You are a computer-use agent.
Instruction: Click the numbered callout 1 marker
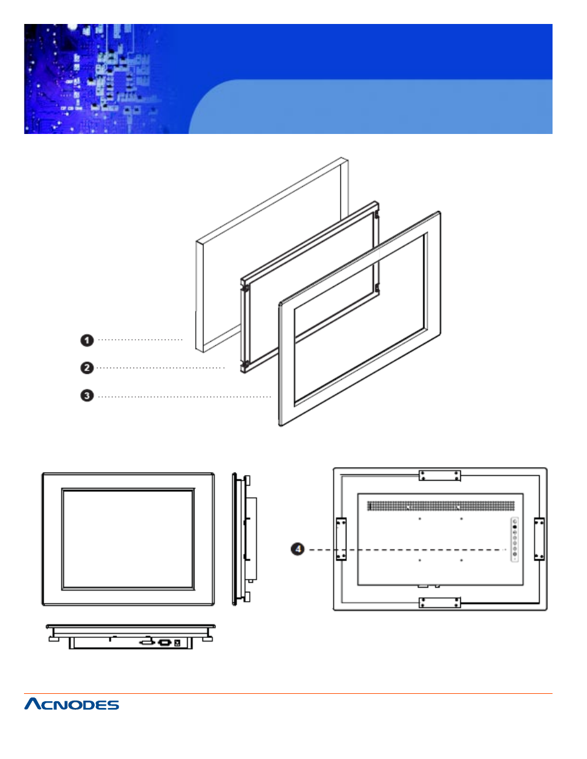tap(87, 340)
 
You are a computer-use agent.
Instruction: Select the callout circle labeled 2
tap(87, 368)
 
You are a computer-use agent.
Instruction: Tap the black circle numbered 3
tap(87, 395)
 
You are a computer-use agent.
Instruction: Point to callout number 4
tap(298, 549)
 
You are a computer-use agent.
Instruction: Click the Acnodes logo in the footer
tap(71, 704)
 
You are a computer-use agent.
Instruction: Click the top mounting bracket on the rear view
tap(439, 475)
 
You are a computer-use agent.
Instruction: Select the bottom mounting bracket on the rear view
tap(439, 602)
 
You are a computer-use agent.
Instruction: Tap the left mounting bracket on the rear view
tap(341, 539)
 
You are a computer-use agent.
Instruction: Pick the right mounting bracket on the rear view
tap(539, 539)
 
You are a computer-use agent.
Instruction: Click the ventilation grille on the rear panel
tap(441, 506)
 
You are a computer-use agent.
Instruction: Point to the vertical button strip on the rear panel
tap(514, 540)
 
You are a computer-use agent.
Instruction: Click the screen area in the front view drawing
tap(127, 539)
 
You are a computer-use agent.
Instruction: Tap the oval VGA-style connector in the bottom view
tap(164, 642)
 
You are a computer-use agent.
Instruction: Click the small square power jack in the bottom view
tap(178, 643)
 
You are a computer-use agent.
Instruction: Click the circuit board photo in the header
tap(92, 79)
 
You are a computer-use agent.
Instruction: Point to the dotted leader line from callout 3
tap(185, 396)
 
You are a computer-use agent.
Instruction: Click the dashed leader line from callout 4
tap(406, 549)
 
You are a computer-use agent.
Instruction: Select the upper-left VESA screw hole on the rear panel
tap(420, 519)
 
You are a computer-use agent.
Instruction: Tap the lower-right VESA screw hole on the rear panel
tap(461, 560)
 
